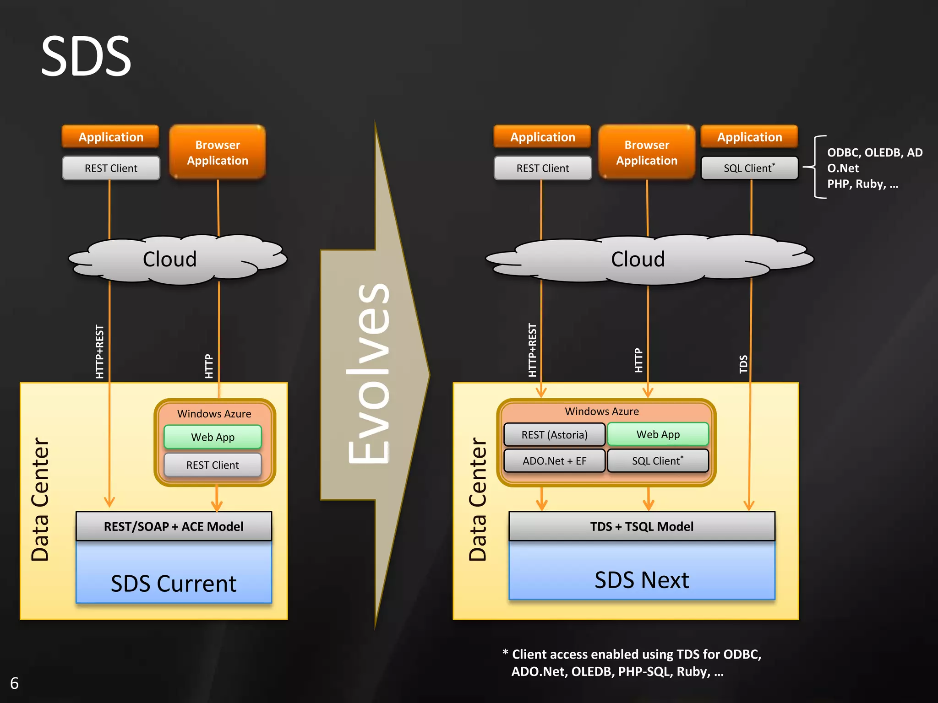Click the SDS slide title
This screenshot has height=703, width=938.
[86, 56]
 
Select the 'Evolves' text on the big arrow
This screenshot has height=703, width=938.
[369, 373]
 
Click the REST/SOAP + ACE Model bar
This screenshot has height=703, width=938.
[174, 526]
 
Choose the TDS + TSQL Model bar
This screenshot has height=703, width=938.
[641, 526]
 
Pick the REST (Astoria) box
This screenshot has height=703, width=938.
[554, 435]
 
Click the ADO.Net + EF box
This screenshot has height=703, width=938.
[554, 461]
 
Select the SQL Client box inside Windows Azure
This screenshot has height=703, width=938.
[658, 461]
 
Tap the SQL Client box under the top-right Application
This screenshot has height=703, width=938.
[749, 168]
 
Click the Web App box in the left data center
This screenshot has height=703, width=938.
[213, 437]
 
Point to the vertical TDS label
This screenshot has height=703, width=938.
[743, 364]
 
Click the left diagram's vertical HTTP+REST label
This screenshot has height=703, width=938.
[99, 351]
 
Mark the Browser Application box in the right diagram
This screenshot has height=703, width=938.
[647, 152]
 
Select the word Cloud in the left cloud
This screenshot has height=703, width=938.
[169, 259]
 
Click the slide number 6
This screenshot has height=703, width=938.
[14, 683]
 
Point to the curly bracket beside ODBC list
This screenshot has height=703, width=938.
[817, 167]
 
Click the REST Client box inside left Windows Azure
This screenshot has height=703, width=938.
[213, 465]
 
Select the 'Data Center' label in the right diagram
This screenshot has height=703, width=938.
[478, 499]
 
